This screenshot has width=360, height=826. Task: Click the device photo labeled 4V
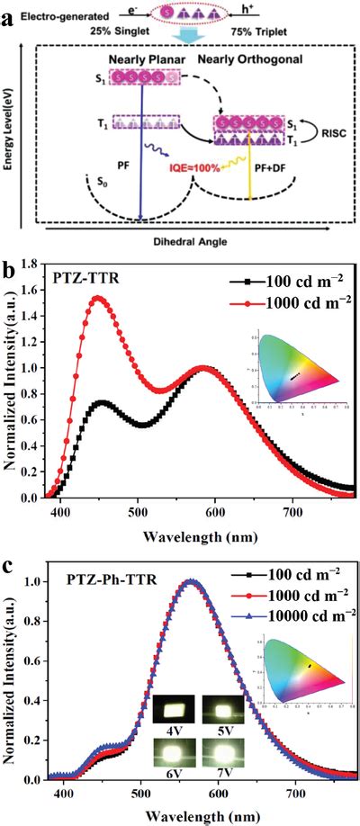(x=172, y=709)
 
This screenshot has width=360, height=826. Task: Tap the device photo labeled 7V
(x=223, y=750)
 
